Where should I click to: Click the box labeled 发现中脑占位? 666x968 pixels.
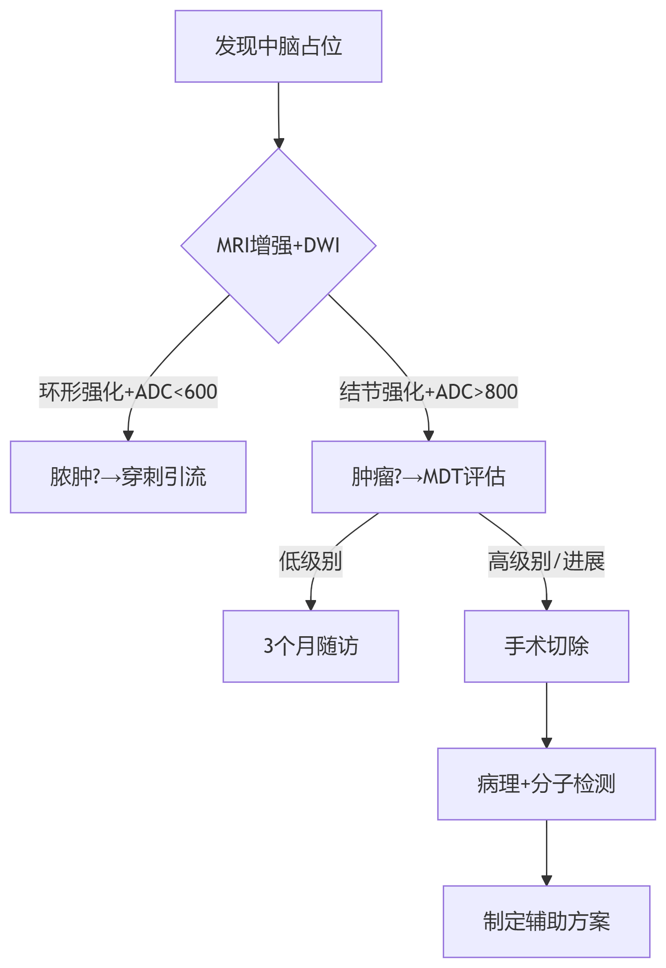tap(278, 46)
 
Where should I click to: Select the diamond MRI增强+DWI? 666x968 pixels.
tap(278, 246)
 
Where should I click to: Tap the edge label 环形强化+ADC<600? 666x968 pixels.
tap(128, 392)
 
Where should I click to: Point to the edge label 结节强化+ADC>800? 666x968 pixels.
tap(428, 392)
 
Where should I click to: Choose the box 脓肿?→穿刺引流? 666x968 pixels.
tap(128, 476)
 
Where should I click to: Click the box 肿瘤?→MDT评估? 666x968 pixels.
tap(428, 476)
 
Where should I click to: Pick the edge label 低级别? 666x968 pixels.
tap(310, 561)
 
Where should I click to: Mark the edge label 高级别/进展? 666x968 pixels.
tap(546, 561)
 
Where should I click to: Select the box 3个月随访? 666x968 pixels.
tap(310, 646)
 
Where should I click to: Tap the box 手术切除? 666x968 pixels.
tap(546, 646)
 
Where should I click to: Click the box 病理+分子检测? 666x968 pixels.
tap(546, 784)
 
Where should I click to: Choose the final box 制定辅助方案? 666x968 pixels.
tap(546, 921)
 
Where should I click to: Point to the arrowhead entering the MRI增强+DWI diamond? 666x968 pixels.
tap(278, 143)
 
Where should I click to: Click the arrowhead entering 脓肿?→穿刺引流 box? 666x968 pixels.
tap(128, 435)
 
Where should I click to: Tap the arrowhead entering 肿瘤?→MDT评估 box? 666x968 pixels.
tap(428, 435)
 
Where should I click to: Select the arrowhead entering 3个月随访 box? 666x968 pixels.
tap(311, 605)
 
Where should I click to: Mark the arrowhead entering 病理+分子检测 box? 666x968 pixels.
tap(546, 743)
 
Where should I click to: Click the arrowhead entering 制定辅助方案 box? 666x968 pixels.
tap(546, 880)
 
